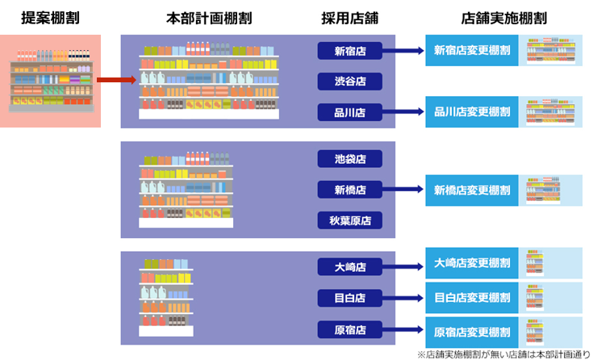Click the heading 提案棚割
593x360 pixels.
click(x=50, y=17)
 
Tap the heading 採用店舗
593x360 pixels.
click(x=349, y=17)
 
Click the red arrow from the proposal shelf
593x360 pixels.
click(x=115, y=80)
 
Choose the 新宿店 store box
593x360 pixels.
click(x=349, y=52)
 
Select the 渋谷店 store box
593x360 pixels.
click(x=349, y=81)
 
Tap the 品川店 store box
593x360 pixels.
click(x=349, y=112)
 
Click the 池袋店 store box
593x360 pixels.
click(x=349, y=159)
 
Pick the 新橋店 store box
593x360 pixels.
click(x=349, y=190)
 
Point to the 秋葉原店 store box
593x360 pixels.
click(x=349, y=220)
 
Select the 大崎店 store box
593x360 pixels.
click(x=349, y=266)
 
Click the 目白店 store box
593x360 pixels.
click(x=349, y=298)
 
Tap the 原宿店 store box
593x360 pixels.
click(x=349, y=329)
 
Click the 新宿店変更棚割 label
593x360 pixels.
click(x=472, y=50)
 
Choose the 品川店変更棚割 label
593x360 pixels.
click(x=472, y=111)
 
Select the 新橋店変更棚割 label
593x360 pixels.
click(x=472, y=190)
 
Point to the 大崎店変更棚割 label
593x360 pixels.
click(x=472, y=263)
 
